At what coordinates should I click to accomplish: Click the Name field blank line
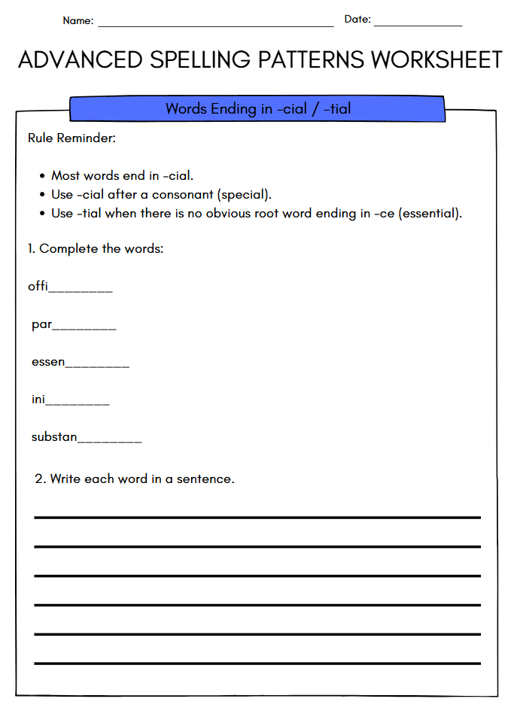pyautogui.click(x=215, y=25)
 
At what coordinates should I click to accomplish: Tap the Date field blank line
pyautogui.click(x=418, y=25)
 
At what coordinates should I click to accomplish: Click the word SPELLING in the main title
pyautogui.click(x=187, y=60)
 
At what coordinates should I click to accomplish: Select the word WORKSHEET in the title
pyautogui.click(x=436, y=60)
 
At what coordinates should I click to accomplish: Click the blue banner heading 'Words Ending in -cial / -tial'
pyautogui.click(x=257, y=109)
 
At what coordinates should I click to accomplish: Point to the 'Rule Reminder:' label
pyautogui.click(x=71, y=138)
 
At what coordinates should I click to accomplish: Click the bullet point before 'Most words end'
pyautogui.click(x=42, y=176)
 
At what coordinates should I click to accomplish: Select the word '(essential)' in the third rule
pyautogui.click(x=430, y=213)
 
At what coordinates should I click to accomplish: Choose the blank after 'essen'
pyautogui.click(x=97, y=366)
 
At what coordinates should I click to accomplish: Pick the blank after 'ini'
pyautogui.click(x=78, y=404)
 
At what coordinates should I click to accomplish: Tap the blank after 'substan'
pyautogui.click(x=109, y=441)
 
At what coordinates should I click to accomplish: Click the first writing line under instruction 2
pyautogui.click(x=257, y=518)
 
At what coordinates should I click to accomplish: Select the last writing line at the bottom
pyautogui.click(x=257, y=663)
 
